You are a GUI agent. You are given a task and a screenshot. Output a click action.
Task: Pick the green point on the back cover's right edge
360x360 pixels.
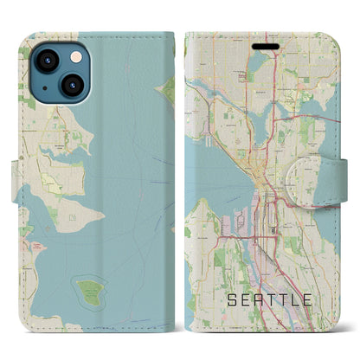(x=170, y=88)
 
